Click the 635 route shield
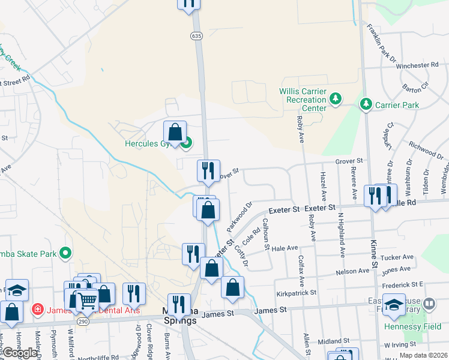coord(197,36)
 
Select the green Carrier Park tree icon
coord(366,105)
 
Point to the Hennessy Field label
coord(412,326)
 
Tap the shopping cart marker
coord(87,300)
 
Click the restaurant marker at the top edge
coord(188,4)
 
